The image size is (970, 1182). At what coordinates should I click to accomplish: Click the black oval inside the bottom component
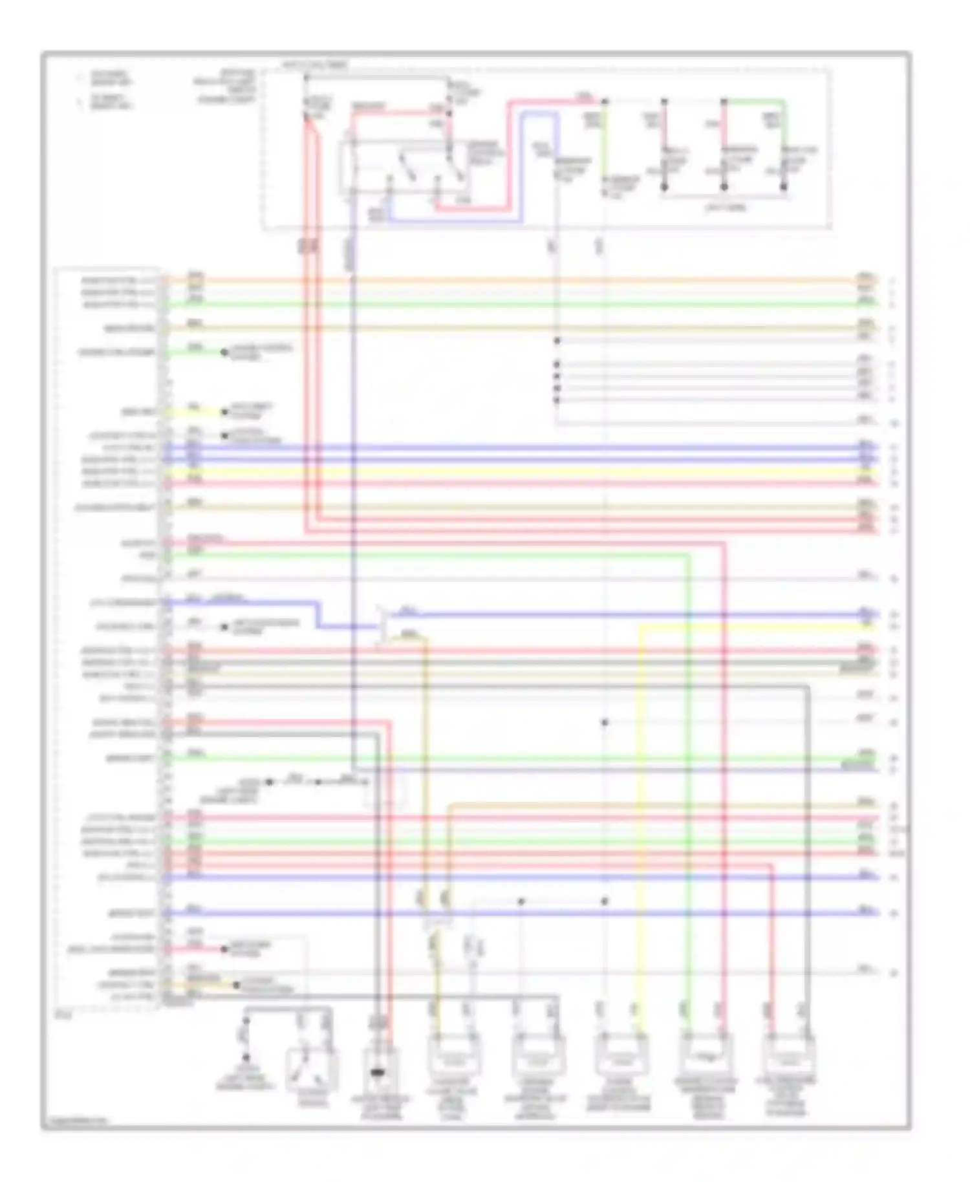(377, 1073)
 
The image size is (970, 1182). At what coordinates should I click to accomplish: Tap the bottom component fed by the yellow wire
(621, 1055)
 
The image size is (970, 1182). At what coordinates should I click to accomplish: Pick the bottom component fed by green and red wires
(706, 1055)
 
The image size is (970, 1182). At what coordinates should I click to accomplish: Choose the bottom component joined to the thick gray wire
(789, 1055)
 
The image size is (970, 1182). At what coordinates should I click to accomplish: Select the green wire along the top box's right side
(784, 142)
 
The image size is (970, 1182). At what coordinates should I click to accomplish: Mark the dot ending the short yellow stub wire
(224, 411)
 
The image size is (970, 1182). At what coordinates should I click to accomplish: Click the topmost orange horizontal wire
(517, 281)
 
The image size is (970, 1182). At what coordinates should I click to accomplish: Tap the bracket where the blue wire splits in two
(383, 626)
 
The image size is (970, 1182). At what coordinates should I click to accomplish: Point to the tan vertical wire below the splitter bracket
(426, 776)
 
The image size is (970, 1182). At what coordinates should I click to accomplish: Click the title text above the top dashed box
(315, 65)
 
